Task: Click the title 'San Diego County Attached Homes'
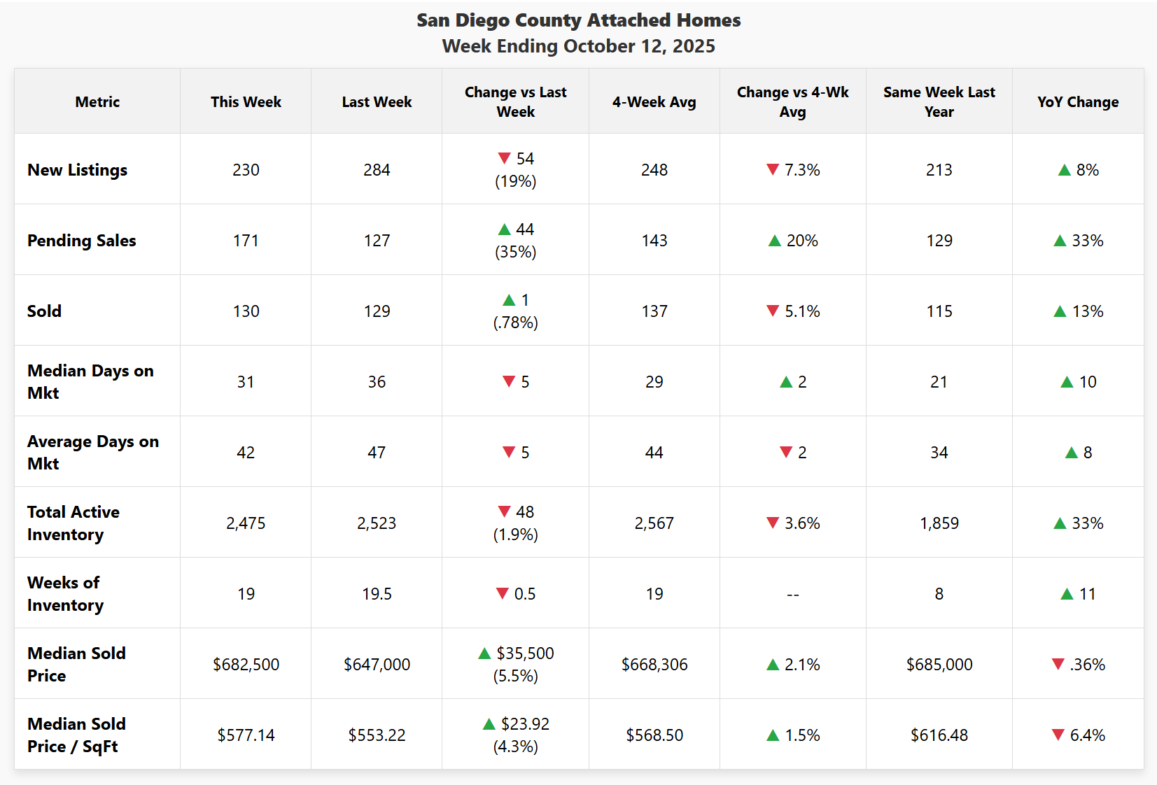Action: coord(578,20)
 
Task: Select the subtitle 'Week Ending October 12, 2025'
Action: coord(578,46)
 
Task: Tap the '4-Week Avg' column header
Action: coord(654,102)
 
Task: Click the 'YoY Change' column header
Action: coord(1077,102)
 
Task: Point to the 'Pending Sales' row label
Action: coord(82,241)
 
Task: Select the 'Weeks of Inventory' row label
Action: coord(65,593)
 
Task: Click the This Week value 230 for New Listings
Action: coord(246,170)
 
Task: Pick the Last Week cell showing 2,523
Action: coord(377,523)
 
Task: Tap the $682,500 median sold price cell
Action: coord(246,665)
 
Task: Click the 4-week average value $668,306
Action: coord(654,665)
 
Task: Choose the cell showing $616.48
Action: coord(939,735)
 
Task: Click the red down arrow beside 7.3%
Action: coord(773,169)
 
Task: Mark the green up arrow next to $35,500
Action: coord(484,653)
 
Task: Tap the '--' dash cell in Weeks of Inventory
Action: coord(792,595)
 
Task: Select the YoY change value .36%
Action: coord(1087,665)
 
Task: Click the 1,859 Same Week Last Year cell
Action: coord(939,523)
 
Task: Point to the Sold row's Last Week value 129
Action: coord(377,311)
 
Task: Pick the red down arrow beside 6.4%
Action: coord(1058,735)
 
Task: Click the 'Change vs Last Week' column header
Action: coord(515,102)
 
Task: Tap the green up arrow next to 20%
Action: coord(774,241)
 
